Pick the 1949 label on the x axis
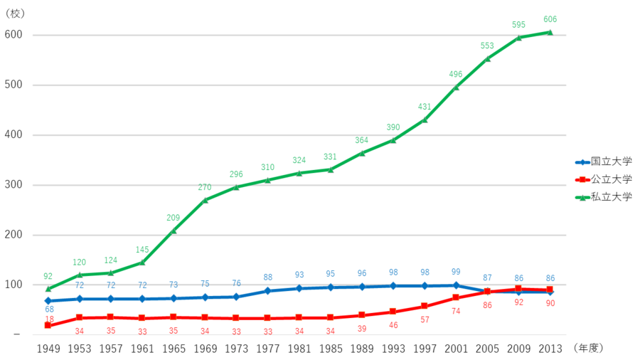[x=48, y=348]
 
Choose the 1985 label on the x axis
[x=330, y=348]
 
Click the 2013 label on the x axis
[x=550, y=348]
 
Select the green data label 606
[x=550, y=19]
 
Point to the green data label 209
[x=174, y=218]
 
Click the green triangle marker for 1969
[x=205, y=200]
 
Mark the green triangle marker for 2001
[x=456, y=87]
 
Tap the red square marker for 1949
[x=48, y=325]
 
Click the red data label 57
[x=425, y=319]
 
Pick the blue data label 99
[x=456, y=272]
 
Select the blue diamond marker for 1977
[x=267, y=291]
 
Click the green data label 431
[x=425, y=107]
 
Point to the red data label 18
[x=49, y=320]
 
